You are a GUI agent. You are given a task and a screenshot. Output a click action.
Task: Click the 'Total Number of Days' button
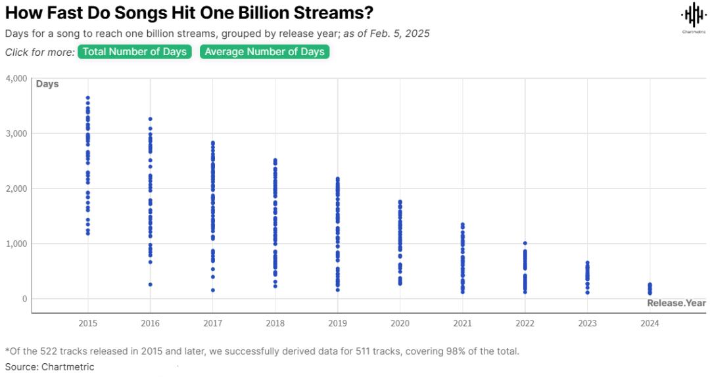[x=134, y=52]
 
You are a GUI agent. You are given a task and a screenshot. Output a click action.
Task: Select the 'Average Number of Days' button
[x=264, y=52]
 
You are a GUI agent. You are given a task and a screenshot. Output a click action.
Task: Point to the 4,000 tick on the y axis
[x=16, y=79]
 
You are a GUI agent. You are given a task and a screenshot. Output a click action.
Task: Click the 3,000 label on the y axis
[x=16, y=133]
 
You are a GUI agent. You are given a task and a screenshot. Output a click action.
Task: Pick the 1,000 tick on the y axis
[x=16, y=244]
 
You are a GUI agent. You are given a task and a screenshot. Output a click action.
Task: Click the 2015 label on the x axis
[x=88, y=323]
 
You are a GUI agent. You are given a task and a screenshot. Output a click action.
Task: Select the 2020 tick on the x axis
[x=400, y=323]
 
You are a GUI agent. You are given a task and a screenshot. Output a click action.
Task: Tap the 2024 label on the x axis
[x=650, y=323]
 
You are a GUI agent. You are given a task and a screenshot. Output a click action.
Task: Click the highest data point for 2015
[x=88, y=98]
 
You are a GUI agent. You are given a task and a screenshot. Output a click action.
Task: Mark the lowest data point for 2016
[x=151, y=284]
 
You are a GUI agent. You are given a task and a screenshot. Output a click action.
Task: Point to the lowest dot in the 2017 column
[x=212, y=290]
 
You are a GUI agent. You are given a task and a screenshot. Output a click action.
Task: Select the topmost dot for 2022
[x=525, y=243]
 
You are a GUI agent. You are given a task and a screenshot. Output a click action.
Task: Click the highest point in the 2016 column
[x=151, y=119]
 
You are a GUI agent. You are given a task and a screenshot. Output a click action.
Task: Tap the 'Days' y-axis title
[x=47, y=84]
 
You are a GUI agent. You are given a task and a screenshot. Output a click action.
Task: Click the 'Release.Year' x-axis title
[x=676, y=303]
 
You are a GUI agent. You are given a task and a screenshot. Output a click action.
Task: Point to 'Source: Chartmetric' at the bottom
[x=50, y=366]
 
